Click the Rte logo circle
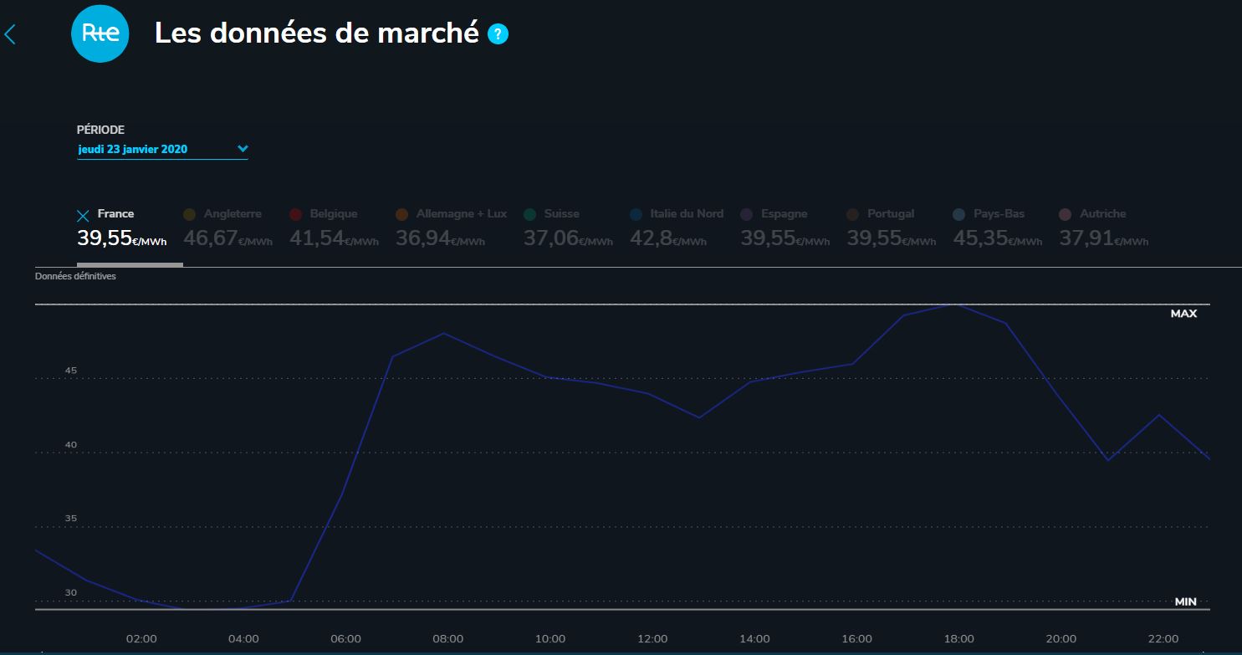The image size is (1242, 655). pyautogui.click(x=100, y=33)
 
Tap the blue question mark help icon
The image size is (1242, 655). pyautogui.click(x=498, y=34)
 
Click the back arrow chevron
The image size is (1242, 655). pyautogui.click(x=10, y=34)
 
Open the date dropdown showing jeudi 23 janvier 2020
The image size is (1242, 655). pyautogui.click(x=162, y=150)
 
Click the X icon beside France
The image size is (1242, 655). pyautogui.click(x=83, y=216)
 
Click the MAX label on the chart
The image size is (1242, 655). pyautogui.click(x=1183, y=314)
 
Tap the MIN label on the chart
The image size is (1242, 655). pyautogui.click(x=1185, y=601)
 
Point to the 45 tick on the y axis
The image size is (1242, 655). pyautogui.click(x=71, y=371)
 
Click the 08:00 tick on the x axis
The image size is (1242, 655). pyautogui.click(x=448, y=639)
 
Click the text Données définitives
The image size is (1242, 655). pyautogui.click(x=75, y=276)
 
